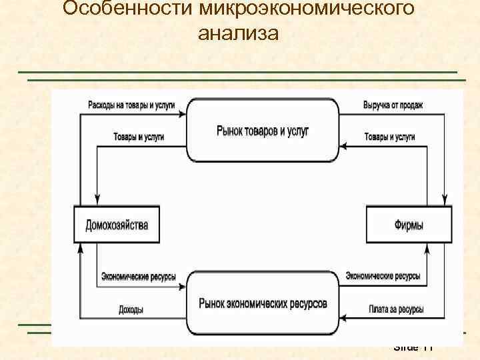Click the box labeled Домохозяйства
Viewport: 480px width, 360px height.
coord(117,225)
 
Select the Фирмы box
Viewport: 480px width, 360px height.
coord(409,225)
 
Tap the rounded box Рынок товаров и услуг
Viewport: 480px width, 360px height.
coord(263,131)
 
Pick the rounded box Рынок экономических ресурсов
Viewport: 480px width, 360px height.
coord(263,303)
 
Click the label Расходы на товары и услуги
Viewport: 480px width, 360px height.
coord(131,105)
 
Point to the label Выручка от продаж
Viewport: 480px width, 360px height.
coord(393,105)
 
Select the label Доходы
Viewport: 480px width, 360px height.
coord(131,310)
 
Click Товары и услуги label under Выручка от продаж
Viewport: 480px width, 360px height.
coord(389,137)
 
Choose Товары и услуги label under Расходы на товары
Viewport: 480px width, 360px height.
coord(139,137)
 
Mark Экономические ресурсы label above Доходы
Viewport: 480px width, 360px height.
coord(138,276)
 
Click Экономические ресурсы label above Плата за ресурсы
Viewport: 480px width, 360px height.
coord(383,276)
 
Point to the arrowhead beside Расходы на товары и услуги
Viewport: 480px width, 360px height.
coord(182,114)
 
